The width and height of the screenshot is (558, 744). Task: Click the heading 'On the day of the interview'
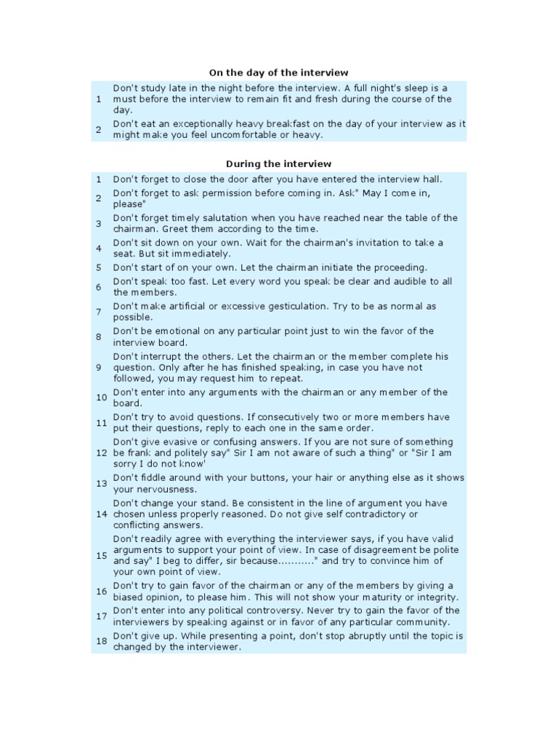pyautogui.click(x=279, y=73)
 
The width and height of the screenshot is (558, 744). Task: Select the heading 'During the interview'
pyautogui.click(x=279, y=164)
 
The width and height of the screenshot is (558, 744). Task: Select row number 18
pyautogui.click(x=101, y=641)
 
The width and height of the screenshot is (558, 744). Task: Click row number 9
pyautogui.click(x=98, y=368)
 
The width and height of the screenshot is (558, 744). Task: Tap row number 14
pyautogui.click(x=101, y=514)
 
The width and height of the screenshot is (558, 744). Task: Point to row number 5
pyautogui.click(x=98, y=267)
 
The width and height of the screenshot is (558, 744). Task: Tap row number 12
pyautogui.click(x=101, y=453)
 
